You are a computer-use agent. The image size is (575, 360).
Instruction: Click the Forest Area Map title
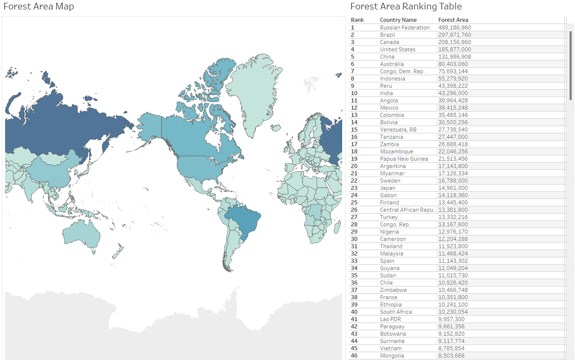click(x=39, y=7)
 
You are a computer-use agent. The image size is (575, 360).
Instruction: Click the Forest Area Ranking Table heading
click(x=406, y=7)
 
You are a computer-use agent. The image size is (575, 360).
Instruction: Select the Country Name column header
click(x=398, y=20)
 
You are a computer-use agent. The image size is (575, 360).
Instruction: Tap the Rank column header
click(x=357, y=20)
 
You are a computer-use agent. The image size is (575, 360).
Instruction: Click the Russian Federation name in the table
click(x=404, y=28)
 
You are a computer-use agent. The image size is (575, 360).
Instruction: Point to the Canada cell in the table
click(x=389, y=42)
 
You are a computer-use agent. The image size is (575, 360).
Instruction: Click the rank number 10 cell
click(x=355, y=93)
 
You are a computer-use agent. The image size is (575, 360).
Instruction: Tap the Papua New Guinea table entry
click(x=403, y=159)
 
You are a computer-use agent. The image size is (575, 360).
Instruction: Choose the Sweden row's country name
click(x=390, y=181)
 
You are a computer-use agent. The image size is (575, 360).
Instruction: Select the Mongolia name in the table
click(x=392, y=356)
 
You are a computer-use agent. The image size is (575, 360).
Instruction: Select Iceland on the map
click(x=275, y=128)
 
